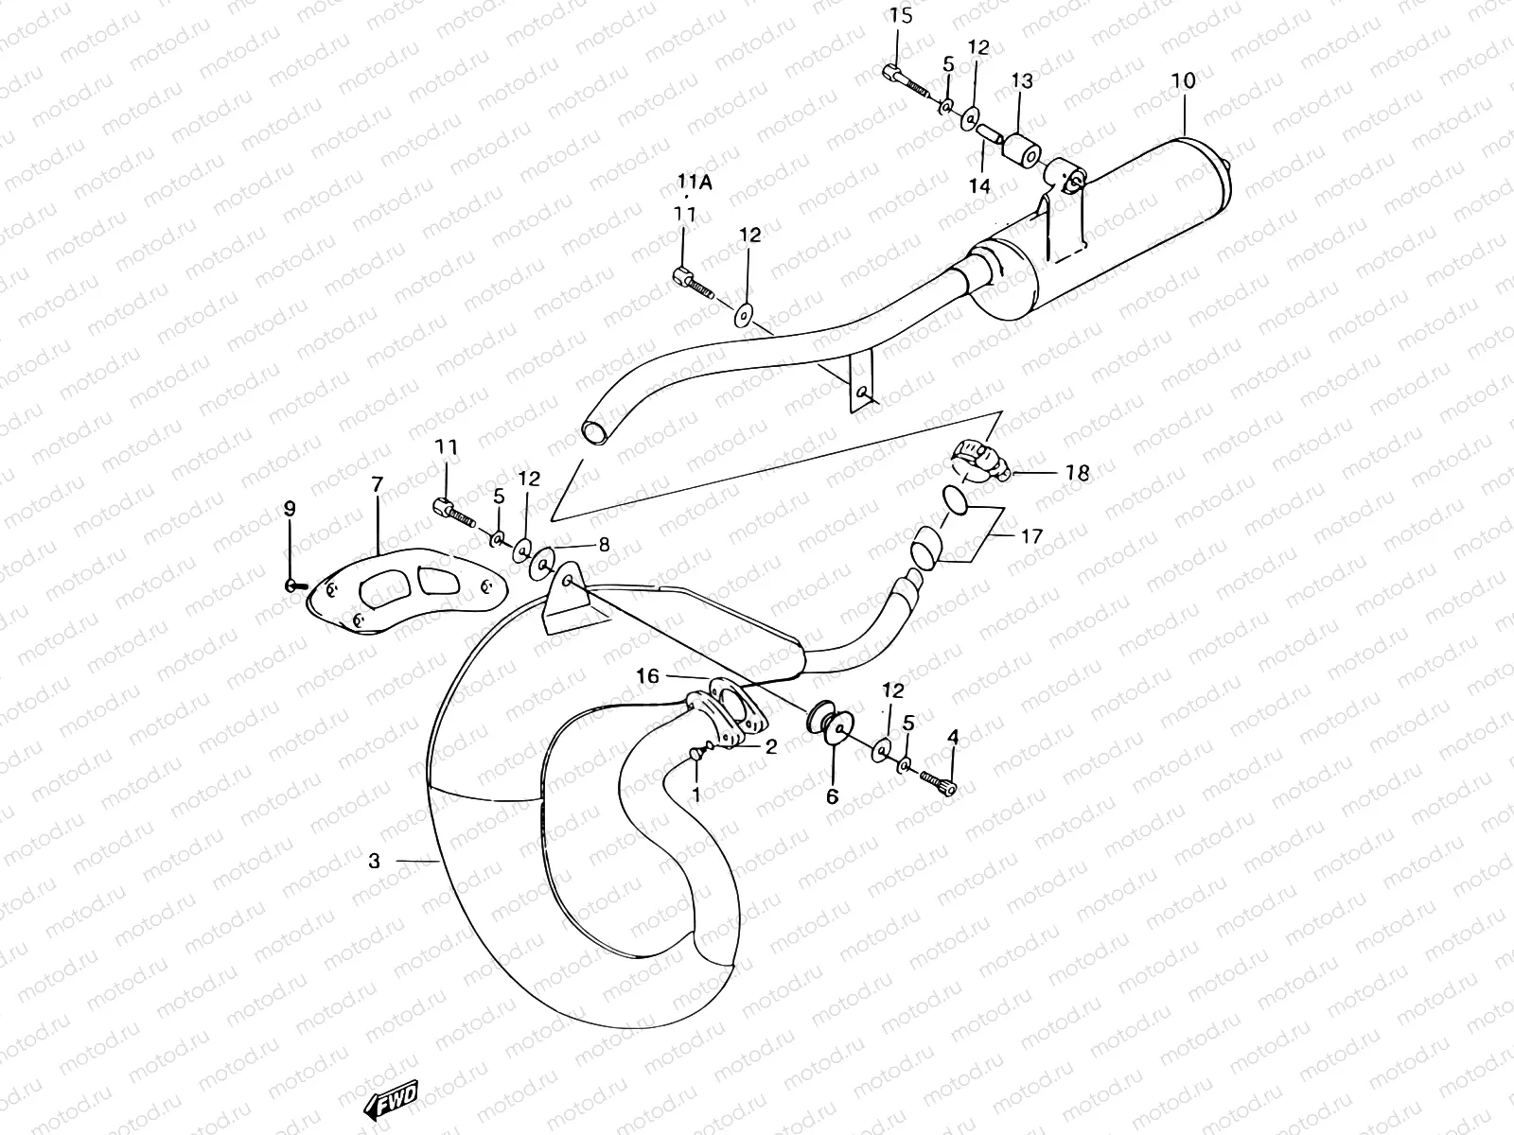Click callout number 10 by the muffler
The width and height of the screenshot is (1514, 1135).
(1183, 81)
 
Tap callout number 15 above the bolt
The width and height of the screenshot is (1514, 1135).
(901, 15)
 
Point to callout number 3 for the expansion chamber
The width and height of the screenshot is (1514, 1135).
(375, 861)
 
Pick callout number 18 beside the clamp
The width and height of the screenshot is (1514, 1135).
(1077, 473)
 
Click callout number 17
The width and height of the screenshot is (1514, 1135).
(1031, 536)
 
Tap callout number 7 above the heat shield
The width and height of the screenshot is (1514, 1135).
(377, 484)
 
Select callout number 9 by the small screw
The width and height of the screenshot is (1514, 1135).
(290, 508)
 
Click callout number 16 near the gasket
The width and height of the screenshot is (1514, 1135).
(647, 675)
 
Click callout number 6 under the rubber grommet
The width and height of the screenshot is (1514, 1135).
(832, 796)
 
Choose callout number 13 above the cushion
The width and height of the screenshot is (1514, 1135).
(1022, 81)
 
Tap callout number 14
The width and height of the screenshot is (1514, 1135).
(978, 185)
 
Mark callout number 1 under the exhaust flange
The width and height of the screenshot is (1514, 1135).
(696, 794)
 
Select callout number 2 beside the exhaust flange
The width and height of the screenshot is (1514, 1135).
(770, 747)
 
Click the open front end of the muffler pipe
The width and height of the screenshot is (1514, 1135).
(595, 432)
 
